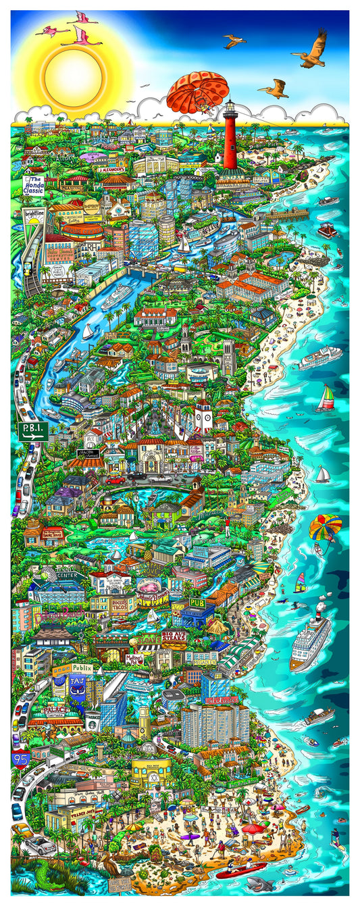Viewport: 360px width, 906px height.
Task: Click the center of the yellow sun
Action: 73,70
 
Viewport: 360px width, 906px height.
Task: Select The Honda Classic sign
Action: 34,186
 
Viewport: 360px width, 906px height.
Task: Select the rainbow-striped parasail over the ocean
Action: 325,527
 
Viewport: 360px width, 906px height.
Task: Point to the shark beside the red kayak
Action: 261,884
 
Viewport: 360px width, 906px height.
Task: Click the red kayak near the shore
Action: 239,870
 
